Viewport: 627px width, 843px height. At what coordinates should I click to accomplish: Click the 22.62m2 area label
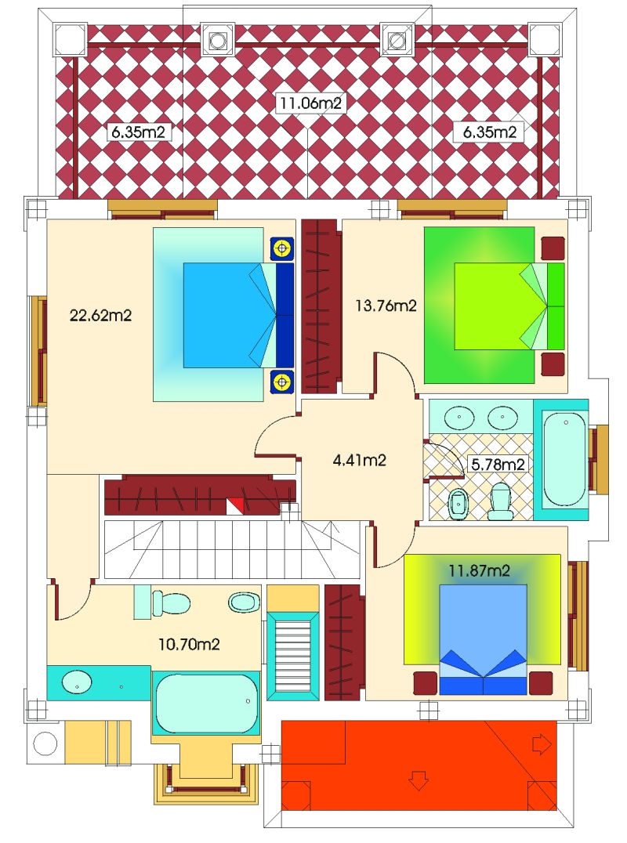pos(100,316)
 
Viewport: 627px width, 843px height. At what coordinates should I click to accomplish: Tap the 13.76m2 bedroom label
pos(386,306)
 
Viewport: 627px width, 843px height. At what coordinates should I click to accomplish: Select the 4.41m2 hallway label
pos(359,460)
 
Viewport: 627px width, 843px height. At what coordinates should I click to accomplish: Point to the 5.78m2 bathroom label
pos(498,464)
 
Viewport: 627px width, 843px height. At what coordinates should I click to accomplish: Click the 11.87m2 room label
pos(479,570)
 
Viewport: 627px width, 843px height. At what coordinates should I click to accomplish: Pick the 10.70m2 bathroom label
pos(190,643)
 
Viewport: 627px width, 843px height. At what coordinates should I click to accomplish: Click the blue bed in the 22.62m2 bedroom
pos(239,315)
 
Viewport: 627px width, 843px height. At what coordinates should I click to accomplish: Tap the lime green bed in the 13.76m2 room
pos(509,306)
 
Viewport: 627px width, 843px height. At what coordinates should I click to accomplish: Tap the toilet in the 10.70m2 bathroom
pos(170,602)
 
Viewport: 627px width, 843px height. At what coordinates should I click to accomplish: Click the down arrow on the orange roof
pos(419,780)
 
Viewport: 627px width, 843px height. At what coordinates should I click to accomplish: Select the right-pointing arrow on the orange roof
pos(542,744)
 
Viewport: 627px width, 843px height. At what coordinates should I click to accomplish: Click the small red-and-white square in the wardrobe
pos(235,506)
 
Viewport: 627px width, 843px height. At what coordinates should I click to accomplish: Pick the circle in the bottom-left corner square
pos(45,744)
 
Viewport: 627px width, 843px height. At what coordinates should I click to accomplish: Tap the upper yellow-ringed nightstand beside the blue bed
pos(281,248)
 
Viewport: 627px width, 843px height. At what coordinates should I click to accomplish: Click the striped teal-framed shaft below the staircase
pos(293,656)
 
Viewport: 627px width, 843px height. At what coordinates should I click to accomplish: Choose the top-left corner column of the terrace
pos(70,38)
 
